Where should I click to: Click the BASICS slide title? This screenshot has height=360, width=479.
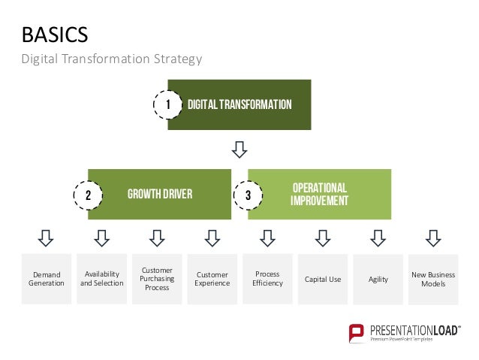tap(55, 35)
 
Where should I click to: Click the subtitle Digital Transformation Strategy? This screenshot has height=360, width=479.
tap(111, 59)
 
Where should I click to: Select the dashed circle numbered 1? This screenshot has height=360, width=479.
tap(169, 105)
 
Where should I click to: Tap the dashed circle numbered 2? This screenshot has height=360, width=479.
tap(89, 195)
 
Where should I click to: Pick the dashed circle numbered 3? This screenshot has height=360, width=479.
tap(249, 195)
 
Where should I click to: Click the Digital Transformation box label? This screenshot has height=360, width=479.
tap(239, 104)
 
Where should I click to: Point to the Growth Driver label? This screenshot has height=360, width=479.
tap(160, 195)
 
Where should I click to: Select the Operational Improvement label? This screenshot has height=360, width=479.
tap(319, 195)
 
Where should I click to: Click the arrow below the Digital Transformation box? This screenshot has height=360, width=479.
tap(239, 150)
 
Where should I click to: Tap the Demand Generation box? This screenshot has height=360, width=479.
tap(47, 279)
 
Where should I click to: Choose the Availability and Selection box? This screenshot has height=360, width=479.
tap(102, 279)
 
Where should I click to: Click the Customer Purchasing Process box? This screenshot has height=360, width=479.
tap(157, 279)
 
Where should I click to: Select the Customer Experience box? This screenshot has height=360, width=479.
tap(212, 279)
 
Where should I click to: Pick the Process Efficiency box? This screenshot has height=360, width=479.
tap(268, 279)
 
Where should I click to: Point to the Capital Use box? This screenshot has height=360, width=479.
tap(323, 279)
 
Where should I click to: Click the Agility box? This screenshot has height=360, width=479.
tap(378, 279)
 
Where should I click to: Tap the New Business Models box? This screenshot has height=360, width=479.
tap(433, 279)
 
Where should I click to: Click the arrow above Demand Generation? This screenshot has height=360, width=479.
tap(47, 238)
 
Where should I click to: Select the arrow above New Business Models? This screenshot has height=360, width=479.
tap(433, 238)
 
